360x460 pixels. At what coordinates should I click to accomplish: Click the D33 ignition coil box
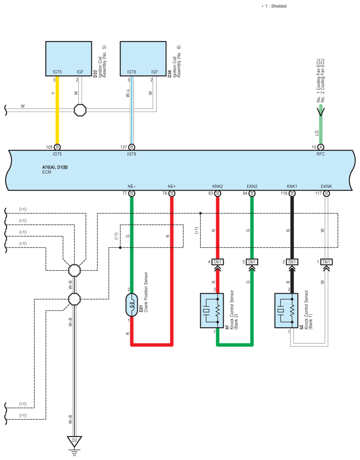pyautogui.click(x=69, y=59)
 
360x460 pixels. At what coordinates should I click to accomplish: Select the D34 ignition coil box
pyautogui.click(x=143, y=59)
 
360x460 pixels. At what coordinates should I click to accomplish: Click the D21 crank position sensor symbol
pyautogui.click(x=132, y=305)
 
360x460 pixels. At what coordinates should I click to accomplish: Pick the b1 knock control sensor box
pyautogui.click(x=211, y=310)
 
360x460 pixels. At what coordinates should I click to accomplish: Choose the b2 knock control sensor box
pyautogui.click(x=286, y=310)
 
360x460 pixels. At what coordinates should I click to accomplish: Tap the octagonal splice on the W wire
pyautogui.click(x=80, y=110)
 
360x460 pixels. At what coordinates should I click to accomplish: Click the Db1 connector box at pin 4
pyautogui.click(x=217, y=262)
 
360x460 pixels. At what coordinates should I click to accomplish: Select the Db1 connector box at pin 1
pyautogui.click(x=326, y=262)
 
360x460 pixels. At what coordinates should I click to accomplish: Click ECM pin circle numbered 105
pyautogui.click(x=57, y=147)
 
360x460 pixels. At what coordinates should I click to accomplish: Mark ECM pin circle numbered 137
pyautogui.click(x=132, y=147)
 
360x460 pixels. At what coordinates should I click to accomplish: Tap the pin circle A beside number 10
pyautogui.click(x=321, y=147)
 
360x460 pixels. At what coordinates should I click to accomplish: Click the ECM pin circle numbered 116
pyautogui.click(x=292, y=193)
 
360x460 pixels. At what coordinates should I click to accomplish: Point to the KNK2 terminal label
pyautogui.click(x=217, y=186)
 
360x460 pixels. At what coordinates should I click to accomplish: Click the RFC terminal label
pyautogui.click(x=321, y=154)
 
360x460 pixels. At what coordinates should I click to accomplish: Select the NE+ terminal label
pyautogui.click(x=172, y=186)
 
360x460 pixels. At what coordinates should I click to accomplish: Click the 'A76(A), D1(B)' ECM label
pyautogui.click(x=55, y=167)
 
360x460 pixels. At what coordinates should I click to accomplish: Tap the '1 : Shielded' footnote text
pyautogui.click(x=276, y=6)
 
